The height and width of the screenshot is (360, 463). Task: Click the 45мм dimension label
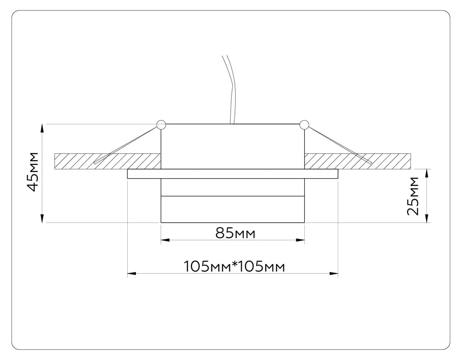(x=32, y=172)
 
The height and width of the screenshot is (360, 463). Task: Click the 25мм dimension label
(x=413, y=196)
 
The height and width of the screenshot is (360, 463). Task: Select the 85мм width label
(x=235, y=233)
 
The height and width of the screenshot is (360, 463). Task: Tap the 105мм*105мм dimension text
(x=234, y=267)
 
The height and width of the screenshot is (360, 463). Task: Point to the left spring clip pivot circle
(x=161, y=125)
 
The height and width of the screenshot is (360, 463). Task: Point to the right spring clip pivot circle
(x=304, y=125)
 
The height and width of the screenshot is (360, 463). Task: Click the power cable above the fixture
(x=231, y=90)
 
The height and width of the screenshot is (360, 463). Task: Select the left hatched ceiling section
(x=108, y=161)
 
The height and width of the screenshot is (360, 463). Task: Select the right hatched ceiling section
(x=358, y=161)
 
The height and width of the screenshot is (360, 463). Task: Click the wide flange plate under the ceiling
(x=233, y=174)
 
